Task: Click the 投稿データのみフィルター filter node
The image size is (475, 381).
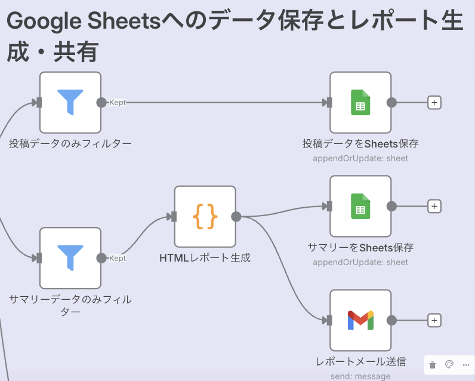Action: click(x=70, y=103)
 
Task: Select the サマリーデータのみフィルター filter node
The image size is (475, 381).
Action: click(x=70, y=258)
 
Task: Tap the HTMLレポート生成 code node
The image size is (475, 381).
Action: click(x=205, y=216)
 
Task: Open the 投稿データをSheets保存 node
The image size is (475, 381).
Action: click(x=360, y=103)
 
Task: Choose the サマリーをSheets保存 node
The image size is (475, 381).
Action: click(x=360, y=206)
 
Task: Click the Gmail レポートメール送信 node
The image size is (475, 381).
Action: click(x=360, y=321)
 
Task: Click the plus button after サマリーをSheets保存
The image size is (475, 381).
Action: click(x=434, y=206)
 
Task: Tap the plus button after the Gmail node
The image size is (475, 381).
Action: click(x=434, y=321)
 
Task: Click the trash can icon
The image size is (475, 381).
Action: click(x=433, y=364)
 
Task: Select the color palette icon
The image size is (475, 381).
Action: click(x=450, y=364)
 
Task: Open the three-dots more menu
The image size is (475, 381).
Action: click(x=466, y=364)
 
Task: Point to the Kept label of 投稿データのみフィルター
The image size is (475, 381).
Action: click(x=118, y=103)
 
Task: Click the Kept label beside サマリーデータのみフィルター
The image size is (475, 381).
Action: click(x=118, y=258)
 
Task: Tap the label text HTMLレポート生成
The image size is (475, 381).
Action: click(x=205, y=258)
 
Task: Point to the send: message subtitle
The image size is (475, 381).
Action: click(x=360, y=376)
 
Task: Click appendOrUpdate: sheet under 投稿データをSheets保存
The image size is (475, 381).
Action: click(x=360, y=158)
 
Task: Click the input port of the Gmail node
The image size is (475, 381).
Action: click(x=329, y=321)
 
